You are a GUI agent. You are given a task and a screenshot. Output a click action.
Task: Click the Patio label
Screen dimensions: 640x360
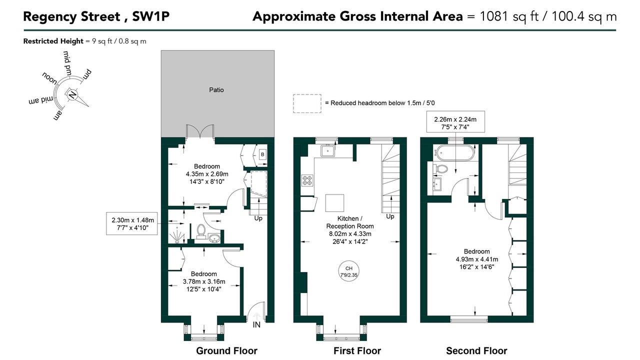point(216,90)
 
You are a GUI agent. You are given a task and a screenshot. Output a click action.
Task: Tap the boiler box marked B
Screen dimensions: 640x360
point(262,154)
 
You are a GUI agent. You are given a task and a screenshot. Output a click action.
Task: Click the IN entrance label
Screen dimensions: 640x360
point(256,325)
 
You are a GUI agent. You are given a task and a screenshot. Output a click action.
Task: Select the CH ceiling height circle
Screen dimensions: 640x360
point(349,271)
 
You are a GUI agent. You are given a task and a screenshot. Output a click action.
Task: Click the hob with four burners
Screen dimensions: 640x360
point(307,180)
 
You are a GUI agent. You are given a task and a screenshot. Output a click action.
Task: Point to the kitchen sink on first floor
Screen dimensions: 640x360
point(327,151)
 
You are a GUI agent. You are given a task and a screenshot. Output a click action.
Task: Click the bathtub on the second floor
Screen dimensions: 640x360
point(453,153)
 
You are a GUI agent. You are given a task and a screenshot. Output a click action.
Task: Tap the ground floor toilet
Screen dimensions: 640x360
point(201,231)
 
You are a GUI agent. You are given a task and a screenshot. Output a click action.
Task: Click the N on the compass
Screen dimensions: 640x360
point(72,94)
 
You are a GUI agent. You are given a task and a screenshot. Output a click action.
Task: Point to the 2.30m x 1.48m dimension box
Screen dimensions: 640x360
point(131,223)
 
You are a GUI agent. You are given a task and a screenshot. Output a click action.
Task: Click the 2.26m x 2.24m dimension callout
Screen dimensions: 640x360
point(455,121)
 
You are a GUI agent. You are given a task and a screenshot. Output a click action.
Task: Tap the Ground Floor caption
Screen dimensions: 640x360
point(226,350)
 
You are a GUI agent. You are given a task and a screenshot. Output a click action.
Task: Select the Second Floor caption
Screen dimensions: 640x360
point(476,350)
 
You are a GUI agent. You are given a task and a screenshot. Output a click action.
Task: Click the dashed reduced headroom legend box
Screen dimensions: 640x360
point(307,103)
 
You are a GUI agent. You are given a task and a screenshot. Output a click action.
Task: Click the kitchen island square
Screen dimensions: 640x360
point(334,203)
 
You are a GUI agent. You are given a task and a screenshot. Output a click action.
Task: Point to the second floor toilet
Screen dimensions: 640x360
point(440,169)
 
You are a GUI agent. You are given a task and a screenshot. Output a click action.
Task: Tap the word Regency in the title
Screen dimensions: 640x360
point(50,16)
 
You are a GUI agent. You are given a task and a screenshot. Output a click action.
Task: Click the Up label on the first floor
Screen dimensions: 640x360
point(390,216)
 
